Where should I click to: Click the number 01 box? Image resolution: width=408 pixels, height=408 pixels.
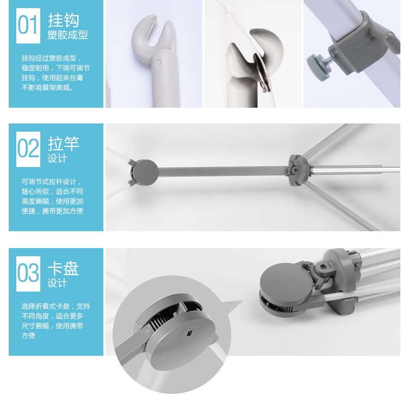pos(28,26)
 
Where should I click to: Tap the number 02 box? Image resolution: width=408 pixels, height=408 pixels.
pos(28,149)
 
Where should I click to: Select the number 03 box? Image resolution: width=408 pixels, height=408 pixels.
pos(28,274)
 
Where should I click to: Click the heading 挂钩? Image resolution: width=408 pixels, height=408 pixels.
pos(64,20)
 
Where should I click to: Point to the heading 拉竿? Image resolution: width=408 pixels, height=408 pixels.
pos(64,144)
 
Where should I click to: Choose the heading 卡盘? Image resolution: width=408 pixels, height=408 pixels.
pos(63,268)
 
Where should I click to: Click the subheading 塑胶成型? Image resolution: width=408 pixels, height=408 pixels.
pos(67,35)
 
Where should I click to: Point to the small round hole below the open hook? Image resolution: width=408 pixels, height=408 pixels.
pos(158,63)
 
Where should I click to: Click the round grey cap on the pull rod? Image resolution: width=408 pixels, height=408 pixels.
pos(145,172)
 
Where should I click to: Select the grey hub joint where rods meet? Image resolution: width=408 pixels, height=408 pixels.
pos(299,170)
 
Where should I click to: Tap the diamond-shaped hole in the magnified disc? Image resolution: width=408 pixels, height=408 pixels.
pos(190,333)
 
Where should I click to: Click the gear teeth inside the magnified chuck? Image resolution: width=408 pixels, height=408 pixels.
pos(156,324)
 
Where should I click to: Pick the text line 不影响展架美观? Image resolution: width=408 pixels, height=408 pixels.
pos(47,88)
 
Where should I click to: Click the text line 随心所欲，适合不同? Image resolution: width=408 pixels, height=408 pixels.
pos(52,191)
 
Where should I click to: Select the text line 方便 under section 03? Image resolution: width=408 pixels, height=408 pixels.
pos(28,336)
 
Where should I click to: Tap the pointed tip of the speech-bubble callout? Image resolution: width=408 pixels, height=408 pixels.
pos(243,301)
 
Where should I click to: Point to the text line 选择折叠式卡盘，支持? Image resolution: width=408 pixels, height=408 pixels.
pos(55,306)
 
